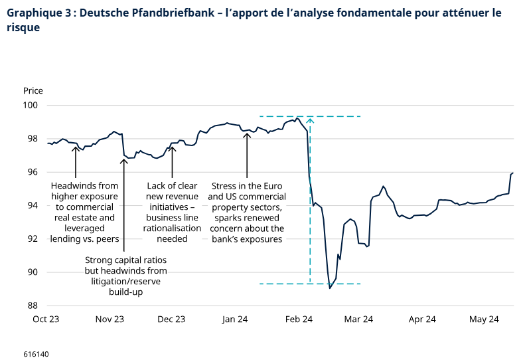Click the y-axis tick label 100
33,106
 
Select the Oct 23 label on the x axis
46,319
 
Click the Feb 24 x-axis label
299,319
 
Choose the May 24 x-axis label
484,319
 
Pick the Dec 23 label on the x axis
171,319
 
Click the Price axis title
33,90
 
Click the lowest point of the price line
330,288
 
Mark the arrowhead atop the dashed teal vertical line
310,120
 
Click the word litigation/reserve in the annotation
126,282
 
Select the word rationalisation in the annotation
172,228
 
